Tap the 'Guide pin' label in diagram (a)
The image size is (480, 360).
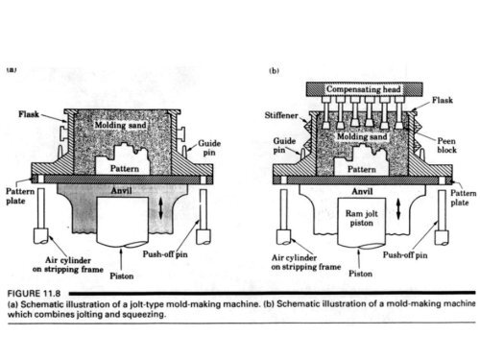(210, 149)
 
